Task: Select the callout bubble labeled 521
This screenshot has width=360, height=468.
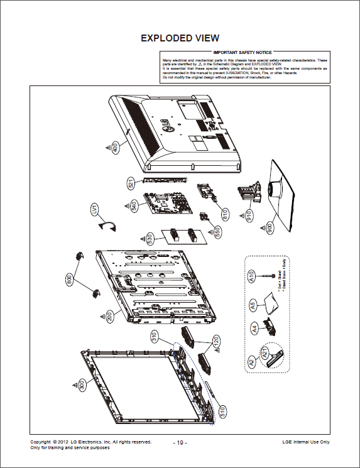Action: (x=131, y=183)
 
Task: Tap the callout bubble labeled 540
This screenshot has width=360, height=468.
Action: (x=134, y=206)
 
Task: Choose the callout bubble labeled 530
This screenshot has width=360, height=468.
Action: (x=150, y=239)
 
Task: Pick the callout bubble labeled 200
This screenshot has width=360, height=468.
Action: (x=110, y=317)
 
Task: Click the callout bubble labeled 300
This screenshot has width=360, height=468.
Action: (x=82, y=386)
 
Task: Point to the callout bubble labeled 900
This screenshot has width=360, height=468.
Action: (x=270, y=229)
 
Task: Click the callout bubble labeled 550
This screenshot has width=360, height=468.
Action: (x=217, y=231)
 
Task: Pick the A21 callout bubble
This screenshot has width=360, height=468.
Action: (x=264, y=354)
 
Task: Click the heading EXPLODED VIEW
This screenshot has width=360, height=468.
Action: (x=180, y=38)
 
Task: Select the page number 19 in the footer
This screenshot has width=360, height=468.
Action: (x=180, y=443)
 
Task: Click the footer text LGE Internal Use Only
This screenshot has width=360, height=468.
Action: (x=306, y=442)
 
